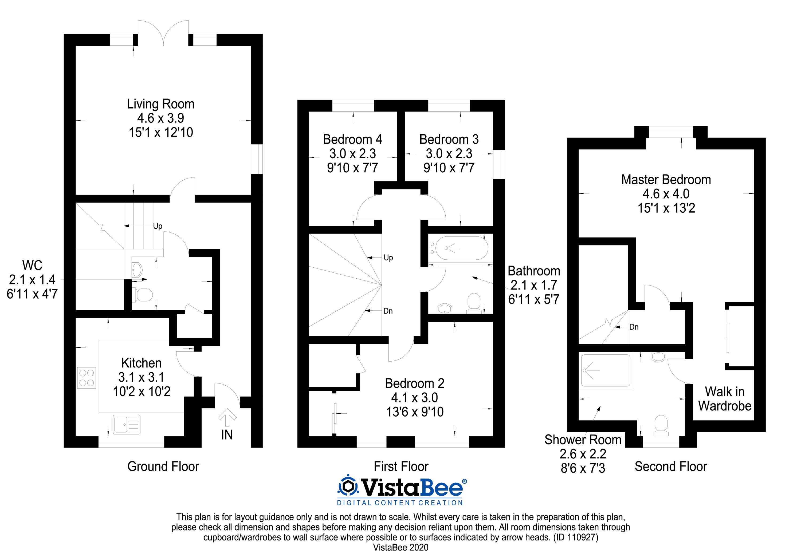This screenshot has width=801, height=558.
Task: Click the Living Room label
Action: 160,104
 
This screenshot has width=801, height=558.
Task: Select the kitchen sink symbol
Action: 127,424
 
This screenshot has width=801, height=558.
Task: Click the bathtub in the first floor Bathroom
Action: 457,248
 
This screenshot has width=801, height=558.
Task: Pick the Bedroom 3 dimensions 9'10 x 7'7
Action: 449,168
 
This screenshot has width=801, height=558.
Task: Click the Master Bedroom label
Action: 666,180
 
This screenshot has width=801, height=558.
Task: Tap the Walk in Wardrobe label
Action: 725,399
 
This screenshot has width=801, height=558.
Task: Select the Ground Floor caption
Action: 163,467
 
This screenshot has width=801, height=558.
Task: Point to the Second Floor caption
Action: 670,467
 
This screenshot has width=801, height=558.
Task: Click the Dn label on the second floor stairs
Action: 634,327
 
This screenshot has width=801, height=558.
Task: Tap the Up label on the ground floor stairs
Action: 158,226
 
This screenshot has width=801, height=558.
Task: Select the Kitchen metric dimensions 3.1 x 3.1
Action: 141,377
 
